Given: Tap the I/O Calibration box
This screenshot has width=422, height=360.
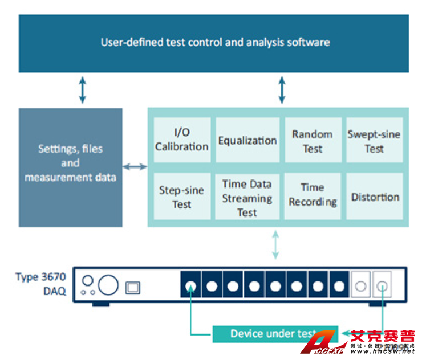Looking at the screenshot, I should (x=181, y=140).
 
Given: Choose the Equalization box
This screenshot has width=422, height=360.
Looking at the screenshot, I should (x=247, y=140).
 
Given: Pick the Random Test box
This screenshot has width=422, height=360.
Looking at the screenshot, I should (x=312, y=141).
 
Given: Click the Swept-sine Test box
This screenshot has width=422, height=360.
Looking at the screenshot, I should (x=374, y=141).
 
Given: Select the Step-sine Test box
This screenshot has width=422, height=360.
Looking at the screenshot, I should (x=181, y=197).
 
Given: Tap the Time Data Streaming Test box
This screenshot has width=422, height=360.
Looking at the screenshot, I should (x=247, y=198).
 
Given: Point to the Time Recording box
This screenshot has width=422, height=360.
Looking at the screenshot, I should (x=312, y=195).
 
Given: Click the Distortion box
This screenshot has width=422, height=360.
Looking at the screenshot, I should (x=375, y=197).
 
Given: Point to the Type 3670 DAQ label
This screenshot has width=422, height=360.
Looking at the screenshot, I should (x=40, y=284).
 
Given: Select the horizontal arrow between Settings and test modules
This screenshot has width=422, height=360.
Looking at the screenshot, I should (x=135, y=166).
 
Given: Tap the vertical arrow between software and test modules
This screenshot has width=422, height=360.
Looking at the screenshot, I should (x=281, y=90).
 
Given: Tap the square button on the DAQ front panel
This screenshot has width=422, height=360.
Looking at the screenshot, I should (x=133, y=287).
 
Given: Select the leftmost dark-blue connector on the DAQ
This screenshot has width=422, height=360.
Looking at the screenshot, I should (x=191, y=286).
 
